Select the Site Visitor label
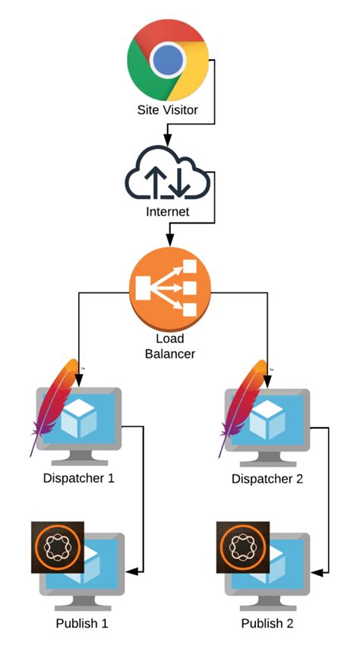click(x=167, y=110)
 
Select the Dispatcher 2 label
click(x=267, y=479)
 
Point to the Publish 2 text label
click(x=267, y=624)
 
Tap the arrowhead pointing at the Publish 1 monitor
click(x=134, y=571)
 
